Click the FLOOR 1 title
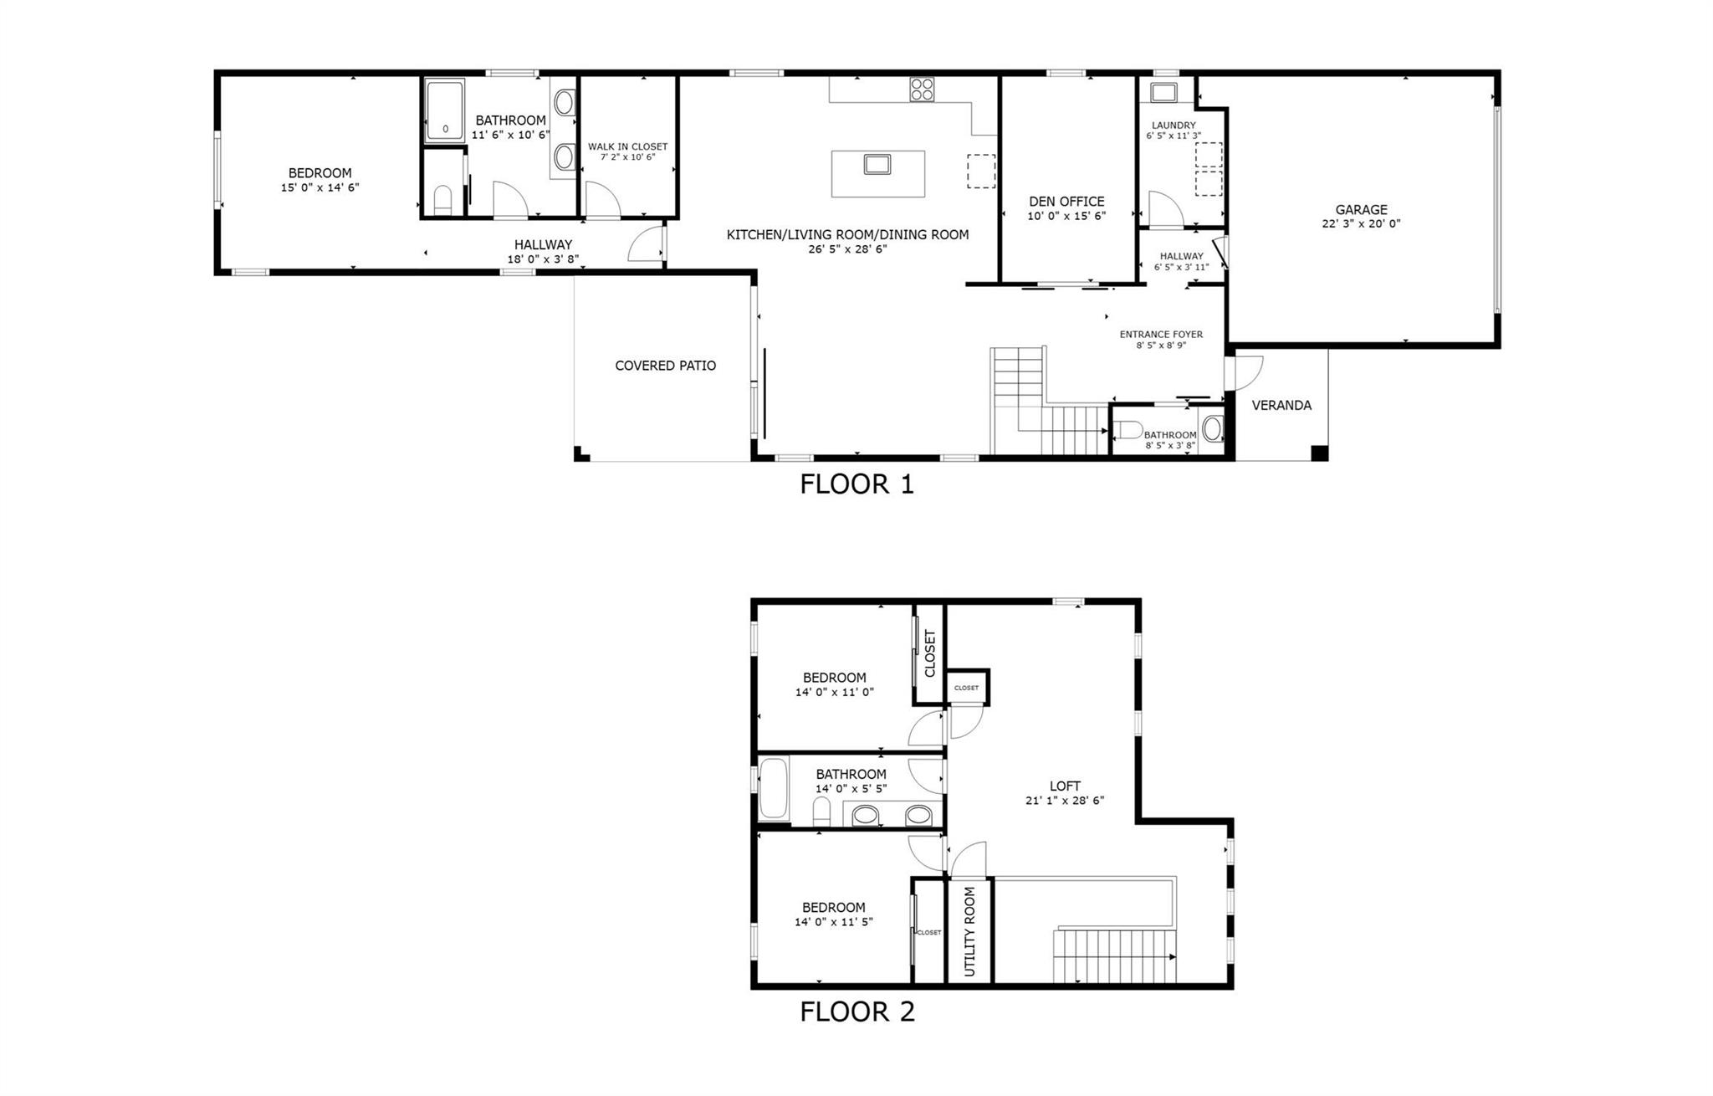856,484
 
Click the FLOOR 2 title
856,1011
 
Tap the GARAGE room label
1361,210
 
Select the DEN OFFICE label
1066,202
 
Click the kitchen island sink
877,164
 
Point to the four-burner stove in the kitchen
922,90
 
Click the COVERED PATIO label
665,366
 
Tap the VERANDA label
1281,405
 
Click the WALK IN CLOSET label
627,146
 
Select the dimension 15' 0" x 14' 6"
320,188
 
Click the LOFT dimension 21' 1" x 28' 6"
1065,800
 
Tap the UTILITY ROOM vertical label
969,931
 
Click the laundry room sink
1164,92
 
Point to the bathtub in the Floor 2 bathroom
774,788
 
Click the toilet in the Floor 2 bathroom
821,811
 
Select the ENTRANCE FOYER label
1161,334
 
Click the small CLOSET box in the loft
967,688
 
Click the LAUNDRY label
1173,125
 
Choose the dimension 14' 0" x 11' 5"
834,922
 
